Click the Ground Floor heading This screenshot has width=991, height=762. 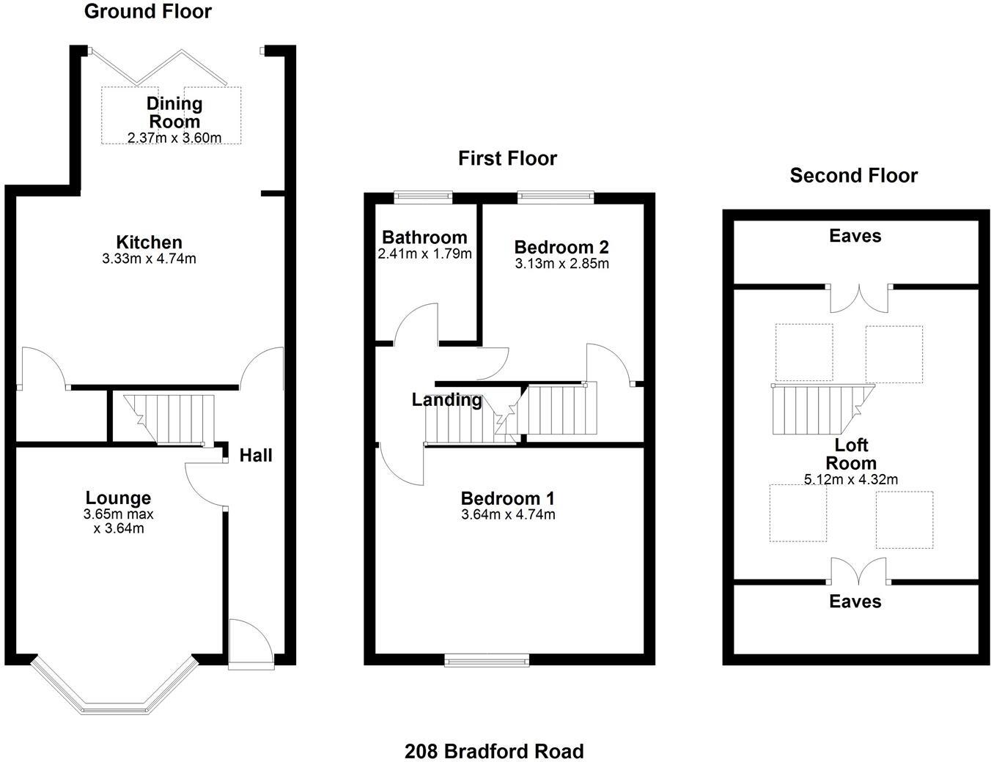147,12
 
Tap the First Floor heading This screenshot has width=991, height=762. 507,158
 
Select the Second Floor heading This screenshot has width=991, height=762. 853,176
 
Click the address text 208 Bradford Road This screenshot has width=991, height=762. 494,751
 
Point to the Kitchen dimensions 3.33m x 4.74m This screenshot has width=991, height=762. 149,259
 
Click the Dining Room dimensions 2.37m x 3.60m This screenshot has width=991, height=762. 174,138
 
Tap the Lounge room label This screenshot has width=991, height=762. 118,498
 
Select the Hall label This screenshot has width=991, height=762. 256,456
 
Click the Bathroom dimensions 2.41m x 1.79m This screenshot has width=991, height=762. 424,254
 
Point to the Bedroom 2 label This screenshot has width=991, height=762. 561,247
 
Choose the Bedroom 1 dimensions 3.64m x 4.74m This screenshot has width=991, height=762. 507,514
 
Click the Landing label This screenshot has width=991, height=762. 446,400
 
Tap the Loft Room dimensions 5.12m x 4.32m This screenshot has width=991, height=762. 850,480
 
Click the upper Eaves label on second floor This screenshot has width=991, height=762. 855,236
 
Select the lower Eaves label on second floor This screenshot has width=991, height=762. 855,602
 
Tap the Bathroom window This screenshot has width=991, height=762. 423,196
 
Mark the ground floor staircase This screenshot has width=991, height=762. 169,419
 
